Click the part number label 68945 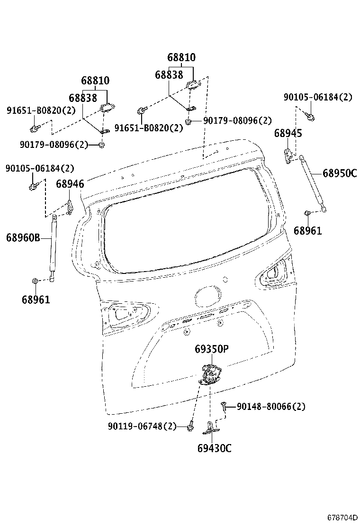point(288,134)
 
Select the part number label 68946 point(70,184)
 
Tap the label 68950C point(340,173)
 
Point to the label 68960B point(23,237)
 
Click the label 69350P point(212,349)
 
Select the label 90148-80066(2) point(270,406)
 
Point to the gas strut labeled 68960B point(53,246)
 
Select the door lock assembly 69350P point(210,375)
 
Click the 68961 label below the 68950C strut point(307,231)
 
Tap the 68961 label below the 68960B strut point(36,300)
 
